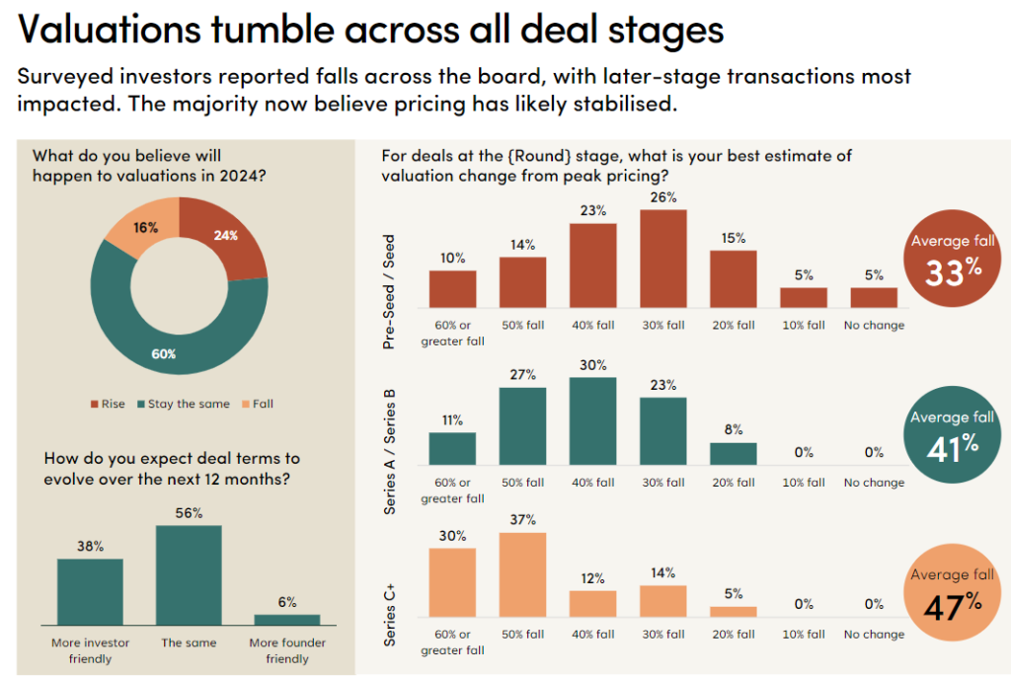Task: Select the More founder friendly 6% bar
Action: click(x=287, y=619)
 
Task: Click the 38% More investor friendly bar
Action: click(x=90, y=591)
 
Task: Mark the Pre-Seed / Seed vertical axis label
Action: click(x=392, y=292)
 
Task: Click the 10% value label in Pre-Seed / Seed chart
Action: click(x=452, y=258)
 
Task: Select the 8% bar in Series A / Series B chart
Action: click(x=733, y=453)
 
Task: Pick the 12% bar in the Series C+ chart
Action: click(x=593, y=603)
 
